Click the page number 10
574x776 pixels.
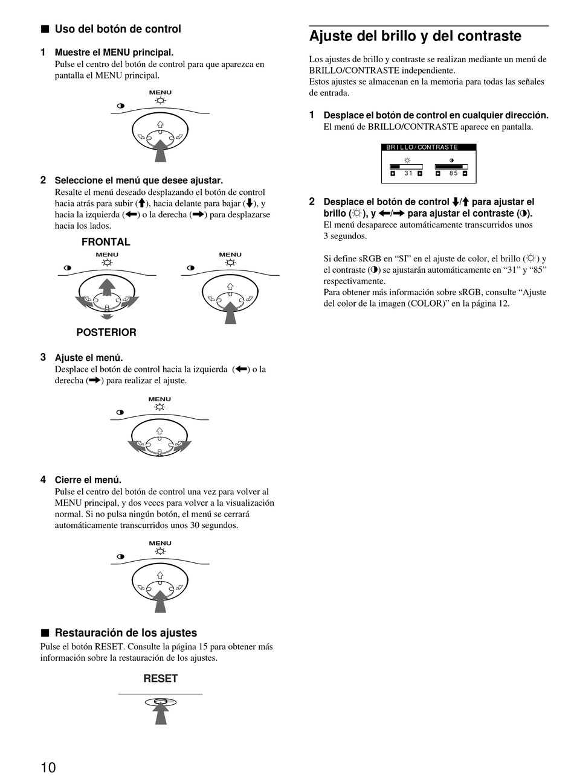48,767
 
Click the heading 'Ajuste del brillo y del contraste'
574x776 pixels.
415,36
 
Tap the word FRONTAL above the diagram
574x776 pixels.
106,242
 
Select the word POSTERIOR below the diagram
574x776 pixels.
106,332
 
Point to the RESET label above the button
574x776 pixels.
160,678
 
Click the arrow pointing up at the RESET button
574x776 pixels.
160,713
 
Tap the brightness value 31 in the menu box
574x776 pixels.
408,174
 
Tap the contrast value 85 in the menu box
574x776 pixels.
453,174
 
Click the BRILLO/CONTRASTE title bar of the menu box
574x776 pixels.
428,147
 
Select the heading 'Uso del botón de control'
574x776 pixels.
118,29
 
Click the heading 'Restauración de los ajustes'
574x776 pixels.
126,633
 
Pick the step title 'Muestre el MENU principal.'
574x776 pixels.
114,52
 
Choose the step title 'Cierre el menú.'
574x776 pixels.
88,480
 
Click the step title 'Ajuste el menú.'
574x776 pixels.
89,358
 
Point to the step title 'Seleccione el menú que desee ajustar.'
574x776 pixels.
139,180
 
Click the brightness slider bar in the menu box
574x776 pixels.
406,167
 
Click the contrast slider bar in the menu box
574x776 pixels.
451,167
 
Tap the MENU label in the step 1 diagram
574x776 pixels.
160,92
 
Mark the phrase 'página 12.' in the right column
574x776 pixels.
489,304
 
